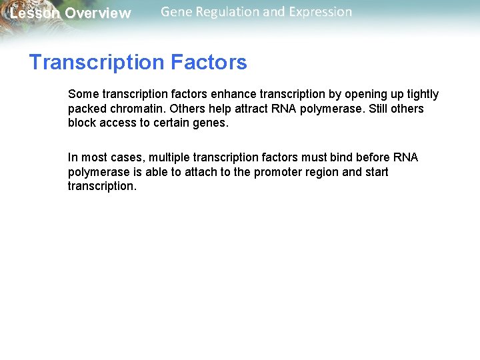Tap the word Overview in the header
(x=98, y=13)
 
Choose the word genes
(x=211, y=123)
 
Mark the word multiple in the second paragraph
(x=169, y=157)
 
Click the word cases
(x=127, y=157)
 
